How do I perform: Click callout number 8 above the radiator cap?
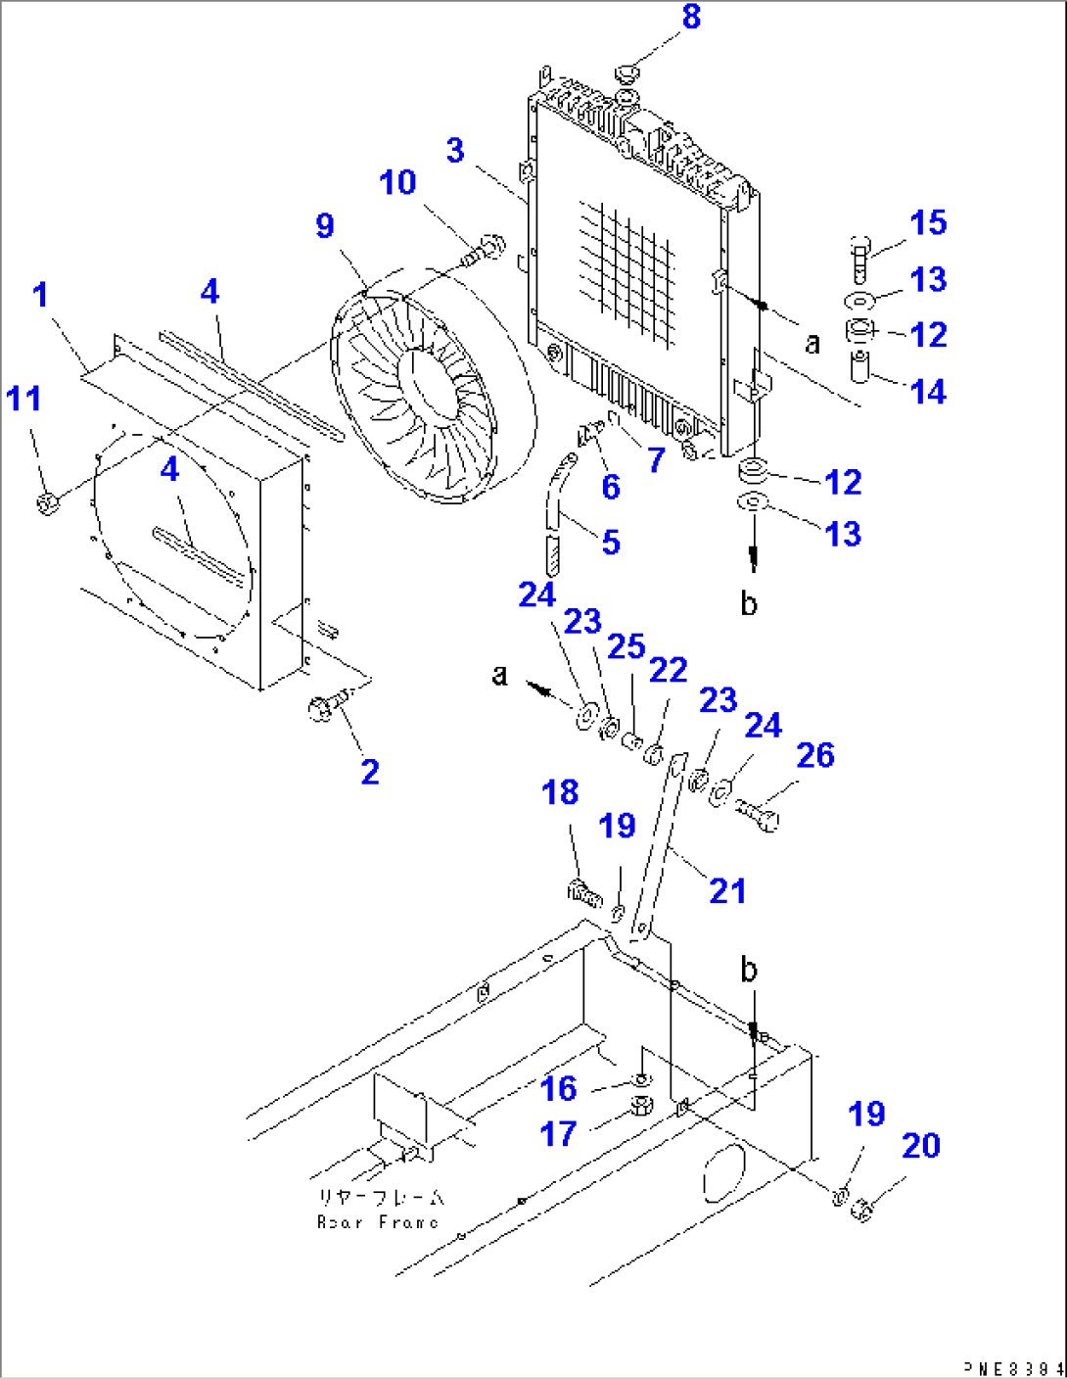(x=691, y=17)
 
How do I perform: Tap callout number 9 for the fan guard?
(x=325, y=226)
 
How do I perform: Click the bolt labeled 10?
(x=484, y=250)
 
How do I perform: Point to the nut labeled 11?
(x=46, y=503)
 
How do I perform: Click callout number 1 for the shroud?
(x=40, y=294)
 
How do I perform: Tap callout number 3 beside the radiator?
(x=455, y=151)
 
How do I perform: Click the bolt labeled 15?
(x=858, y=259)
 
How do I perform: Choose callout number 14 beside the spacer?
(x=928, y=392)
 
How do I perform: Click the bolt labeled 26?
(x=759, y=813)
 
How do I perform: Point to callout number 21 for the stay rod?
(x=727, y=891)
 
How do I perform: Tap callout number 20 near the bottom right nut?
(x=920, y=1145)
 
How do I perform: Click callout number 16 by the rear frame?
(x=559, y=1088)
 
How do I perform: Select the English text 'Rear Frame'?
(x=378, y=1222)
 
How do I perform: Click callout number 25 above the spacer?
(x=626, y=646)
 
